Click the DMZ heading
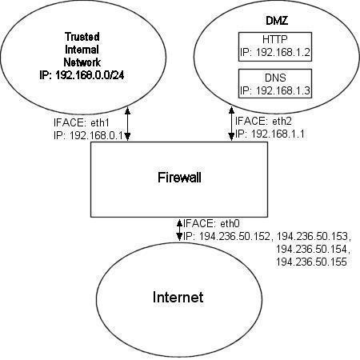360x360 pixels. click(277, 21)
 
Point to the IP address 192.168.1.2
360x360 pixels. click(283, 52)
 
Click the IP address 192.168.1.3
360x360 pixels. click(283, 90)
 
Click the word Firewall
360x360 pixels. click(179, 178)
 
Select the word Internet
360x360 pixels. click(178, 297)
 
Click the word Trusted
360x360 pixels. click(82, 37)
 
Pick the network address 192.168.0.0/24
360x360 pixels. click(90, 75)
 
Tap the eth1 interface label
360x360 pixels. click(100, 122)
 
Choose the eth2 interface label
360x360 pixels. click(282, 121)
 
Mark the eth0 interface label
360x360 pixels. click(230, 223)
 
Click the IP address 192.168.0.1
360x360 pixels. click(96, 135)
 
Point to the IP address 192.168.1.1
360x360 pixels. click(278, 134)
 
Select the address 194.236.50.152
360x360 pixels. click(234, 236)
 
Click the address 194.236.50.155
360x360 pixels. click(311, 262)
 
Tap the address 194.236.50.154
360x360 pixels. click(311, 249)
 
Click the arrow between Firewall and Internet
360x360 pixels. click(180, 230)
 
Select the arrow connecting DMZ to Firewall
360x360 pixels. click(231, 124)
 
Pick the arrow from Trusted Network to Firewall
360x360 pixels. click(127, 124)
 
